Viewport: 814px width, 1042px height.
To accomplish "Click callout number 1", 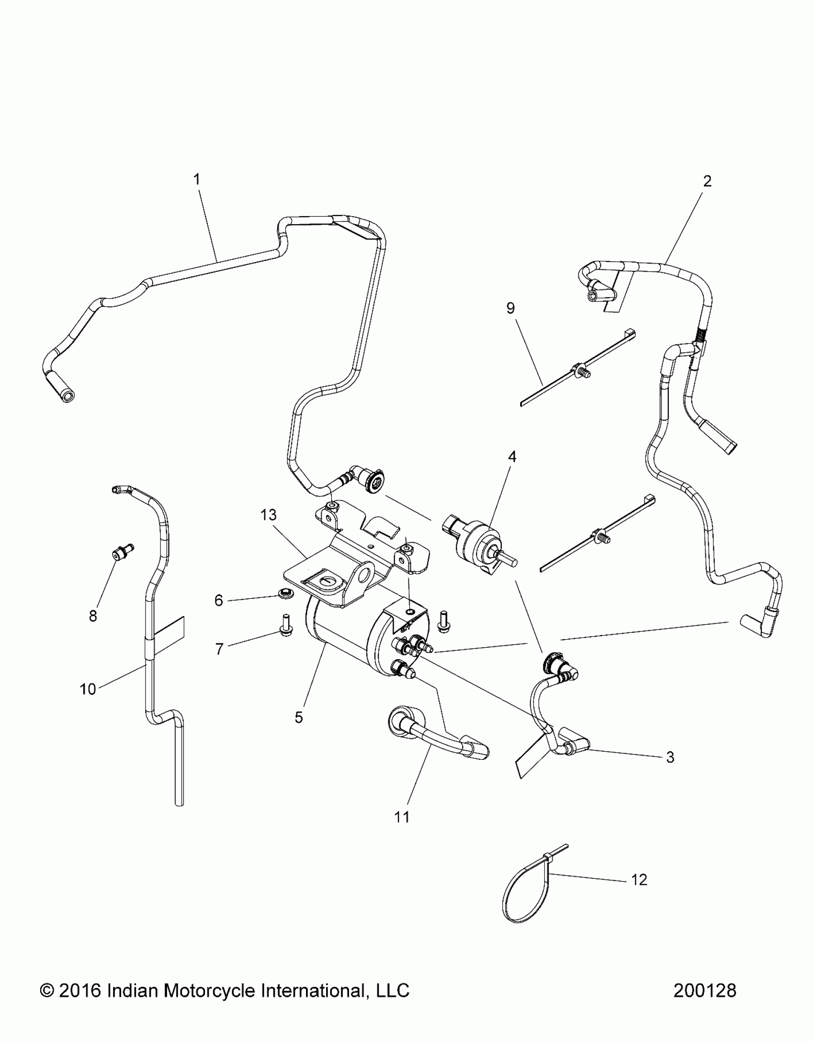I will click(x=196, y=180).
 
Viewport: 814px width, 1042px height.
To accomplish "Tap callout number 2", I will click(x=707, y=181).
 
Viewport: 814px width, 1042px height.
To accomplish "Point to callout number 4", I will click(x=512, y=457).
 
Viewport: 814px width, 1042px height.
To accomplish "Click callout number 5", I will click(x=299, y=731).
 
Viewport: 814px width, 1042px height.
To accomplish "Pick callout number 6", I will click(x=219, y=601).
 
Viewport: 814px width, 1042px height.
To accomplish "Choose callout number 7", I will click(x=219, y=650).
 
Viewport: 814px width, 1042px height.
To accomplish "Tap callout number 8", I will click(x=93, y=616).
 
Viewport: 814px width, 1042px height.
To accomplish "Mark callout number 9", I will click(x=510, y=309).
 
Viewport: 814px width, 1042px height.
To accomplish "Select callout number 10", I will click(x=88, y=689).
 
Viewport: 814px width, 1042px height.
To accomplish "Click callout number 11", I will click(x=402, y=817).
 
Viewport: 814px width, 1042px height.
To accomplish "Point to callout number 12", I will click(x=640, y=880).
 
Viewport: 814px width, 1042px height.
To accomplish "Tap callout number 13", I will click(x=269, y=515).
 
